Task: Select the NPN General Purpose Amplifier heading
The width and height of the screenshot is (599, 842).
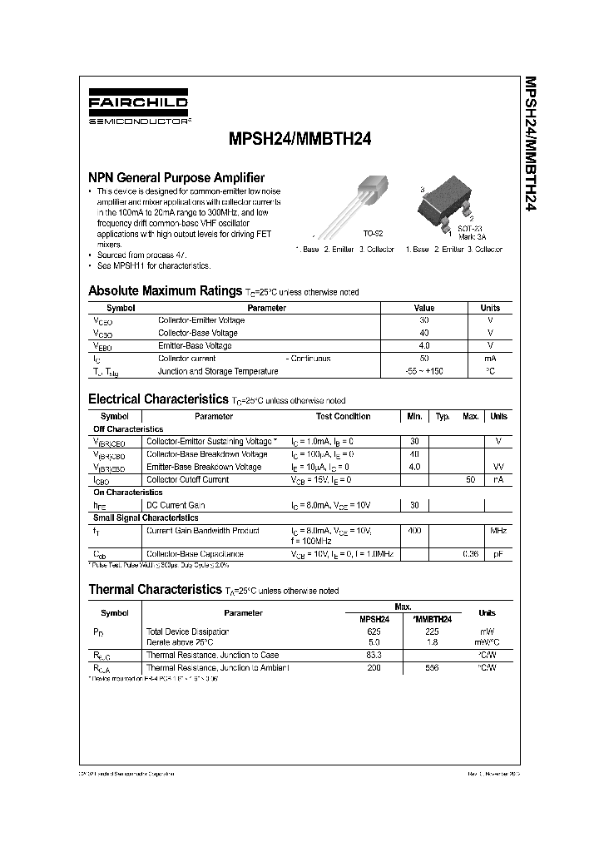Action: tap(176, 177)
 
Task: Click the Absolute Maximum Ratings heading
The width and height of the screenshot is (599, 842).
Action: tap(165, 291)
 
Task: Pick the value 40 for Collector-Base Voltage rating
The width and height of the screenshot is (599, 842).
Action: tap(424, 333)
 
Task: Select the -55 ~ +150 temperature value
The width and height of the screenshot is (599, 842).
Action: tap(424, 371)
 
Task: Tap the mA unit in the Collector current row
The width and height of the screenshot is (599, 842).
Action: tap(490, 359)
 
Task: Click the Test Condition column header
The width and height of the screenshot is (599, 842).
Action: tap(343, 416)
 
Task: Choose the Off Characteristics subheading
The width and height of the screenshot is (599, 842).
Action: tap(127, 428)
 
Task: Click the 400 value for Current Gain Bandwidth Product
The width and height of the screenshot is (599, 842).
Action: tap(414, 530)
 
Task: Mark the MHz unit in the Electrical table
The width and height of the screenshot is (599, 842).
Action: tap(498, 530)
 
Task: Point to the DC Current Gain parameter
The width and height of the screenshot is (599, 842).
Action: tap(176, 505)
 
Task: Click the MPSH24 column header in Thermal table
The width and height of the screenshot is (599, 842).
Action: tap(374, 619)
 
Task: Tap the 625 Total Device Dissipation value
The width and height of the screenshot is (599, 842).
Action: tap(374, 631)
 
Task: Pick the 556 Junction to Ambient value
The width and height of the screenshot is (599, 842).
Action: tap(432, 668)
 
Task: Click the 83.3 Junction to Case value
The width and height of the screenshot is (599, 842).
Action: tap(374, 655)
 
